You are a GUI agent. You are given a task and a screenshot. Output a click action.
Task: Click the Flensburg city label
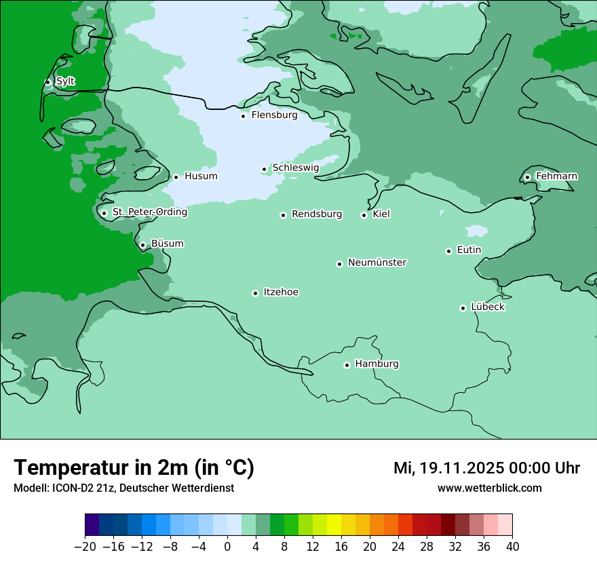coord(274,115)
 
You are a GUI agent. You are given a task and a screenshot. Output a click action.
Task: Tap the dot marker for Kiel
coord(364,215)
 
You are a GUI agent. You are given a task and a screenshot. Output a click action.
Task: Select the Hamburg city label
coord(377,364)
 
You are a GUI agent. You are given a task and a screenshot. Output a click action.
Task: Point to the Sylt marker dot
coord(47,82)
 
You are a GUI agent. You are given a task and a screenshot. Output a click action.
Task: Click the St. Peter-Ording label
coord(149,212)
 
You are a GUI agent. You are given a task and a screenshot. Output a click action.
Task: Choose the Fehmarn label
coord(556,176)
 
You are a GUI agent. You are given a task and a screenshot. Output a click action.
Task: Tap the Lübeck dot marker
coord(463,308)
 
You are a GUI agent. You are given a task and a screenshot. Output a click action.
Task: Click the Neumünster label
coord(377,263)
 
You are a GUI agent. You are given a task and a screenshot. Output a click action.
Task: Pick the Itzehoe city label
coord(281,292)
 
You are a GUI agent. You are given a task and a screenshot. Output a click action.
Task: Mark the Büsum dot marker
coord(142,245)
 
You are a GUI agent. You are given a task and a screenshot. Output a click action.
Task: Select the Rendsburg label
coord(317,214)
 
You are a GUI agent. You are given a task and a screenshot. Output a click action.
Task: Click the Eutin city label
coord(469,250)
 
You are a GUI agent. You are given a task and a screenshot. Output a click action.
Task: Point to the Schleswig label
coord(295,168)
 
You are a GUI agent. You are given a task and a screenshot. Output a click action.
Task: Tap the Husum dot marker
coord(176,177)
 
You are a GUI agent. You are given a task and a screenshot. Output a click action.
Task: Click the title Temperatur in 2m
coord(134,468)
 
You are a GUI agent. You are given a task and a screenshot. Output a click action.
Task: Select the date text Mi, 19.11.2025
coord(447,468)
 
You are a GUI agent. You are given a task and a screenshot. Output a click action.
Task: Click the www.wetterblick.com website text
coord(489,488)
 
